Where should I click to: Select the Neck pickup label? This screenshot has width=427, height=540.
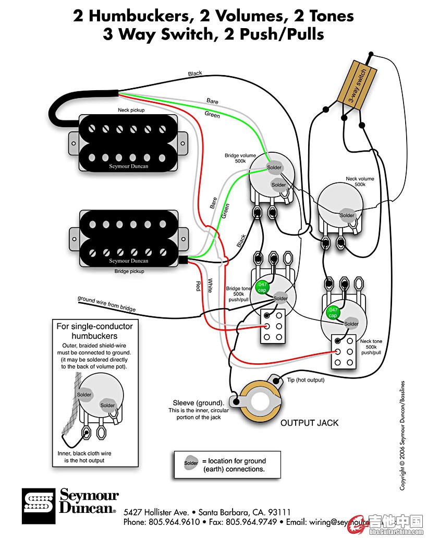[x=131, y=111]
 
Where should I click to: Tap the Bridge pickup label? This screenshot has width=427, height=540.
[x=129, y=271]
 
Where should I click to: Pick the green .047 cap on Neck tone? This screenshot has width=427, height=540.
[x=332, y=313]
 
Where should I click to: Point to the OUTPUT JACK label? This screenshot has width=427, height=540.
[x=309, y=422]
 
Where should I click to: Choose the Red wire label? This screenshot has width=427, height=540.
[x=198, y=285]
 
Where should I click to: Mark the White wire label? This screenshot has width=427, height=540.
[x=210, y=285]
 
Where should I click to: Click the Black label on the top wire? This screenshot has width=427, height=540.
[x=195, y=74]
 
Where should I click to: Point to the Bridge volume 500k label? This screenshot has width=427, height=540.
[x=240, y=158]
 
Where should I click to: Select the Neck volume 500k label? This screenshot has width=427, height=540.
[x=360, y=182]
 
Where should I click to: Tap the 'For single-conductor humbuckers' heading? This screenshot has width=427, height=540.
[x=94, y=331]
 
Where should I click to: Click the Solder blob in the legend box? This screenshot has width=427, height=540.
[x=191, y=463]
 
